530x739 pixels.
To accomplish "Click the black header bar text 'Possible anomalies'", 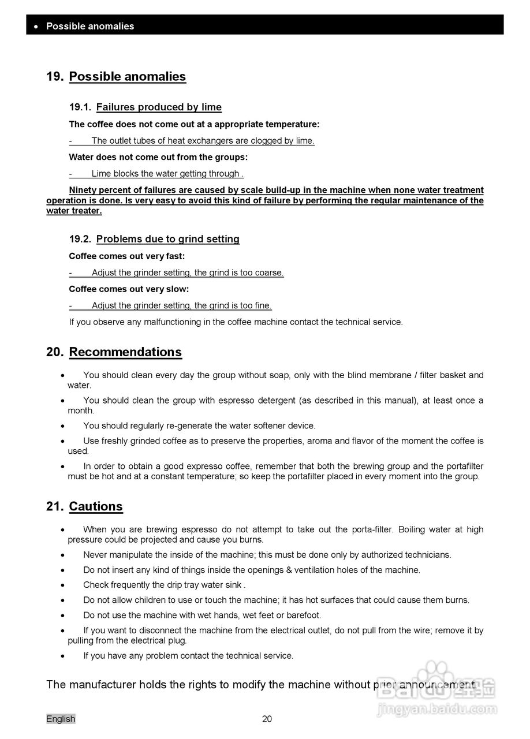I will (x=90, y=26).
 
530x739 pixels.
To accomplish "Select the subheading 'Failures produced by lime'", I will (x=159, y=107).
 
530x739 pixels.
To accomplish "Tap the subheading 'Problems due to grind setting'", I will (x=167, y=239).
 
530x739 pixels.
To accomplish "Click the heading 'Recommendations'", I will (x=125, y=352).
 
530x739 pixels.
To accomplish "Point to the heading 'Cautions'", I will (x=96, y=506).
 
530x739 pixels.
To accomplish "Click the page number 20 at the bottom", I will (x=267, y=719).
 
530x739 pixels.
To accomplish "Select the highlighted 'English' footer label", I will (x=61, y=719).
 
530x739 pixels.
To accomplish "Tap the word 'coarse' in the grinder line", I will (x=268, y=273).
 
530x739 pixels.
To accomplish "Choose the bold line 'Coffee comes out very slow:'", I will (x=129, y=289).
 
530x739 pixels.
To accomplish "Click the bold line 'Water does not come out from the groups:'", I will (x=158, y=157).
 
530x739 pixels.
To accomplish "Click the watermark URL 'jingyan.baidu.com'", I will (x=436, y=710).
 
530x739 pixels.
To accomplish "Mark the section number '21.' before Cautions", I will (x=55, y=506).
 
